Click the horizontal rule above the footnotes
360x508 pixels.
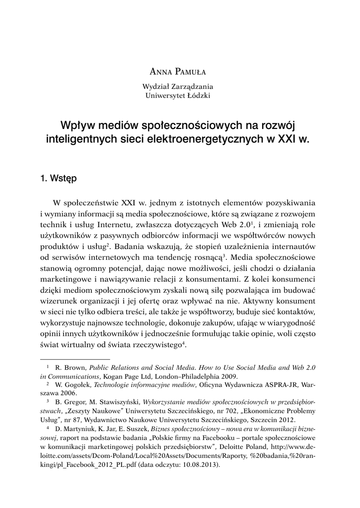(x=74, y=358)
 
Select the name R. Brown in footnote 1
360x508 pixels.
(x=70, y=368)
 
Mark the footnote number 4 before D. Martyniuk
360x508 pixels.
(x=48, y=427)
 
